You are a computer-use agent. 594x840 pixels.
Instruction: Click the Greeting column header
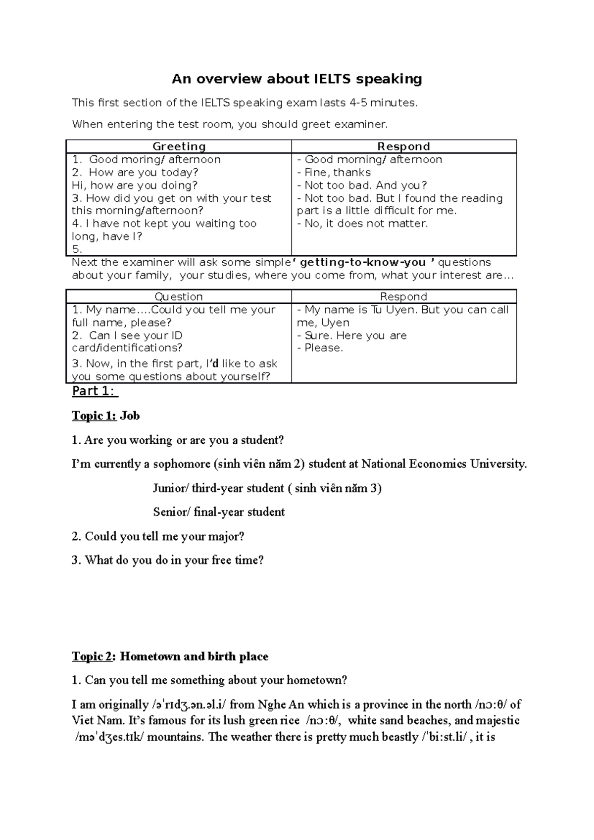179,146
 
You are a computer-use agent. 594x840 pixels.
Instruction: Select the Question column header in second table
179,297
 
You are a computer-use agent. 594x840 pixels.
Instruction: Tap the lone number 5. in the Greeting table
77,249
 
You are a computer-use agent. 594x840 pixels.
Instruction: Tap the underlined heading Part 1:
94,391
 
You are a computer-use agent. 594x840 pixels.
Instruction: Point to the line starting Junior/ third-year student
267,488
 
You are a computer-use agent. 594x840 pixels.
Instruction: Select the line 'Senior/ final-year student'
219,512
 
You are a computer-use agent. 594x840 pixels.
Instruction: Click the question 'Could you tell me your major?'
164,536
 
